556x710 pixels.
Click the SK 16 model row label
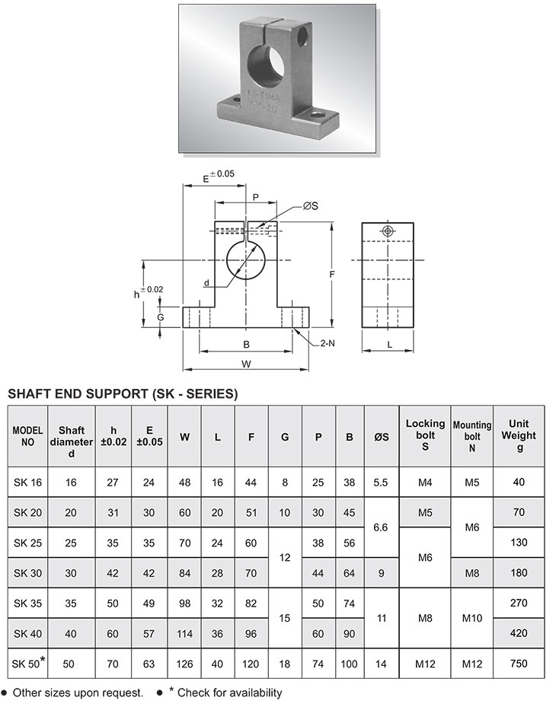coord(27,482)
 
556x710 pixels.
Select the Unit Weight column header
coord(519,436)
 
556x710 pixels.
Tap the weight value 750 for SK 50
coord(519,664)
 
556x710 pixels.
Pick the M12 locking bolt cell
coord(425,664)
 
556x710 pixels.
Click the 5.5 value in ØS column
coord(382,482)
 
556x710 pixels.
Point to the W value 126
coord(185,664)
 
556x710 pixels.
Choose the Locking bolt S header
coord(425,436)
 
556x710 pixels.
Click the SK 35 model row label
coord(27,602)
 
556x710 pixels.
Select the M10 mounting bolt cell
coord(472,618)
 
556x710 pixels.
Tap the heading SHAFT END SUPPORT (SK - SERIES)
coord(123,394)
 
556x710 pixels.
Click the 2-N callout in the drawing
coord(328,344)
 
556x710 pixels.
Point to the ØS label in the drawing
coord(310,205)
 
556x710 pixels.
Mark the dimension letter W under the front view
coord(246,364)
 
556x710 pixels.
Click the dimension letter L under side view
coord(388,345)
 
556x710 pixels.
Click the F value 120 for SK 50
coord(251,664)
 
